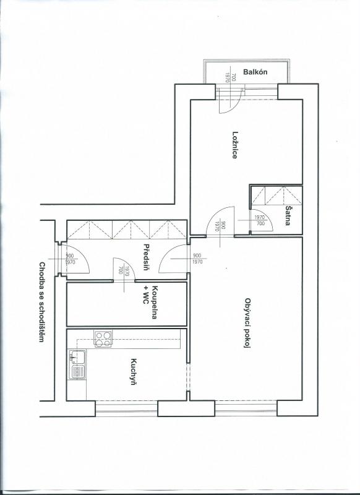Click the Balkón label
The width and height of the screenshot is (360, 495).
tap(255, 72)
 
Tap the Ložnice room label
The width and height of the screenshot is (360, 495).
tap(234, 145)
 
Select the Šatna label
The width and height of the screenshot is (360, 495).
tap(288, 215)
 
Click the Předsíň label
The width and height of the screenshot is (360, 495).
tap(146, 257)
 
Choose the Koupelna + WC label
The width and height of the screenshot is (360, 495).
tap(150, 302)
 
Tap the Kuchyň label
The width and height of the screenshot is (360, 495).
tap(134, 372)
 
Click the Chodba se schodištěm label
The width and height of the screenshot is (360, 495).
tap(41, 302)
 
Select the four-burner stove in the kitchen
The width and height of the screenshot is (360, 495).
tap(103, 338)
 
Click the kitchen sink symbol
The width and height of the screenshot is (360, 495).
tap(77, 364)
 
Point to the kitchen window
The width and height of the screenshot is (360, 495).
tap(126, 408)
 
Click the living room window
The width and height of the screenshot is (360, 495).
tap(246, 408)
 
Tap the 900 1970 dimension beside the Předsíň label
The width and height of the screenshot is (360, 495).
tap(197, 259)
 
